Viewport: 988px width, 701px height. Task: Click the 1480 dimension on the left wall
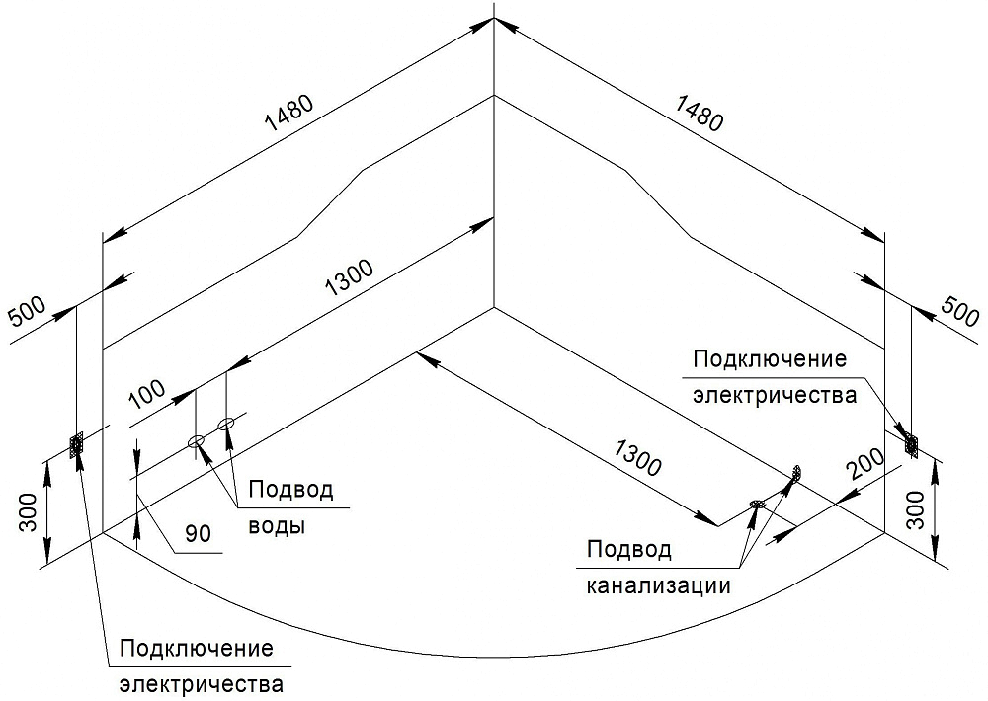click(x=288, y=112)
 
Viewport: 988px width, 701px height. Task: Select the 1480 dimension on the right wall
click(x=699, y=112)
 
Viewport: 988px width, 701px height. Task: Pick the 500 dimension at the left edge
click(x=30, y=314)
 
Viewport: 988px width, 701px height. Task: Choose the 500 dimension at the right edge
click(x=955, y=314)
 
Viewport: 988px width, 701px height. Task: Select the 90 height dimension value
click(x=199, y=535)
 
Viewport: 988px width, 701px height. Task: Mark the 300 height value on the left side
click(x=30, y=512)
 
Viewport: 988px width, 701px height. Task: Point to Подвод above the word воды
click(x=290, y=490)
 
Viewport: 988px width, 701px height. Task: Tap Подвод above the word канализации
click(x=629, y=549)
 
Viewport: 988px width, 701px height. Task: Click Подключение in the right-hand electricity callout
click(x=770, y=358)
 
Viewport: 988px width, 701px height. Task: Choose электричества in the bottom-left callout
click(x=202, y=684)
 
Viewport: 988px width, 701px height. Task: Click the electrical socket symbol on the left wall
click(x=76, y=446)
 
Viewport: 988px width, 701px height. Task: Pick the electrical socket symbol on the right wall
click(x=909, y=444)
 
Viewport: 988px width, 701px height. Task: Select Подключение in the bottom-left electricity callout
click(x=196, y=649)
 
